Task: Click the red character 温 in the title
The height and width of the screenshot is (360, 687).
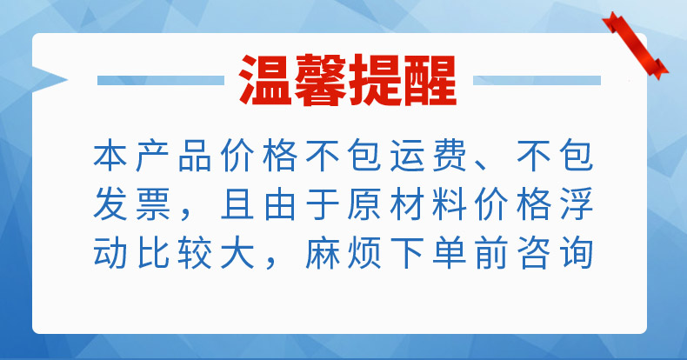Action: (266, 80)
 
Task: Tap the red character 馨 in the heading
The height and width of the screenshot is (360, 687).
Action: (320, 80)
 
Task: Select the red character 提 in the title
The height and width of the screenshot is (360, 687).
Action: (375, 80)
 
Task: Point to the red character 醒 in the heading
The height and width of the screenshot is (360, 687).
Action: (430, 80)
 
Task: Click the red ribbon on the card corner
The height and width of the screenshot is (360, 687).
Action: (635, 45)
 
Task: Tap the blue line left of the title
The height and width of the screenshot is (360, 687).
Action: (161, 81)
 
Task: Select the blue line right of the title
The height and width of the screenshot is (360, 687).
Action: (537, 81)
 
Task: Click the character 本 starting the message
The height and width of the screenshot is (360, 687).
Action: (110, 156)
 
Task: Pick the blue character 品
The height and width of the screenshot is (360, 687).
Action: (195, 156)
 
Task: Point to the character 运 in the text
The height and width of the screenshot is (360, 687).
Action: (407, 156)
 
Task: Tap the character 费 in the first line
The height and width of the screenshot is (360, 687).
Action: (449, 156)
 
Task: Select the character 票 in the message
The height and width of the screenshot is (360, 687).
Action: (152, 203)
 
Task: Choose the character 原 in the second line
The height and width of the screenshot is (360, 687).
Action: (364, 203)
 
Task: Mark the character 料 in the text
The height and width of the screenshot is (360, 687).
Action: (449, 203)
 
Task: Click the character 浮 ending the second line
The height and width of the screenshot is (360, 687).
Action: (577, 203)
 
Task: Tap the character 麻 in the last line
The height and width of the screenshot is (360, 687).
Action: (322, 252)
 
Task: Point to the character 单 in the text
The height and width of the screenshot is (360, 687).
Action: (449, 252)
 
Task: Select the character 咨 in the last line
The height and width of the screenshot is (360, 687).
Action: (534, 252)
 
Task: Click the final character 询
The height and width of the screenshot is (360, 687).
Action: (577, 252)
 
